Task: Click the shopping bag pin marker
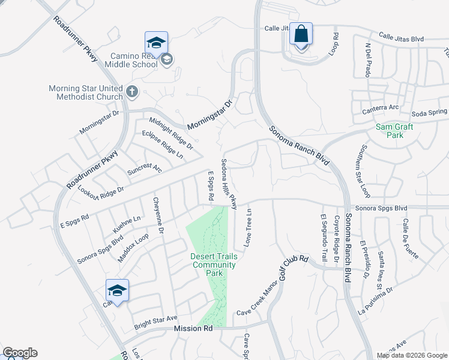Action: pos(301,35)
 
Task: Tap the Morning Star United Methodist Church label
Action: pos(85,92)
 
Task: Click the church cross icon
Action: pos(132,92)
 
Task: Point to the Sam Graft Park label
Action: pos(390,131)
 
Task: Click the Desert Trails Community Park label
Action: pos(214,265)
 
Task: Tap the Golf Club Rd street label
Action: pos(294,268)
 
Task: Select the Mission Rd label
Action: pos(193,328)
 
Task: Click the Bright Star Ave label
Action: pos(155,317)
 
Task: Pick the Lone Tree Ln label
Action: pos(247,230)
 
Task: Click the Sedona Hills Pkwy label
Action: pos(229,184)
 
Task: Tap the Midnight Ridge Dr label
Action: pos(171,133)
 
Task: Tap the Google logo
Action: pos(20,353)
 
